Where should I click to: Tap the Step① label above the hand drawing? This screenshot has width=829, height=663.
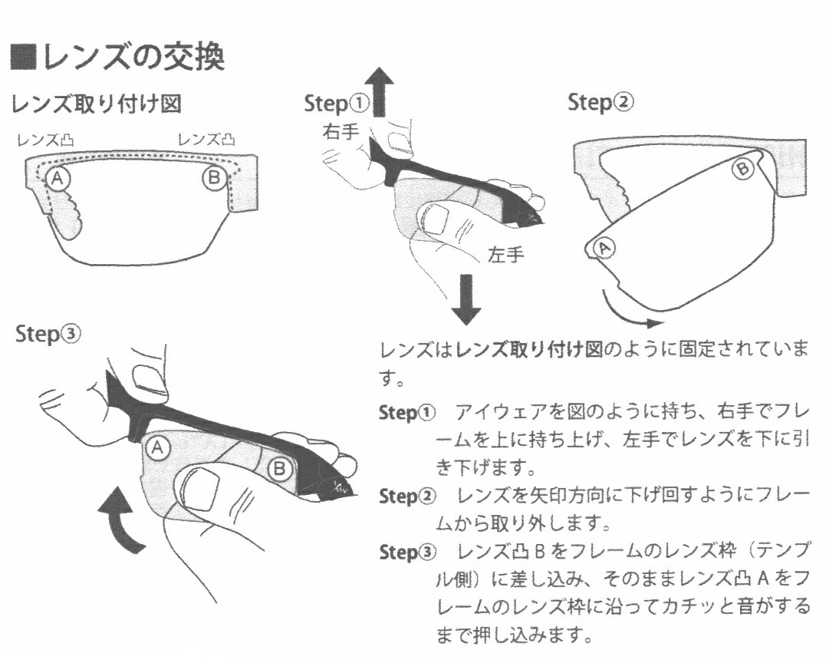tap(337, 104)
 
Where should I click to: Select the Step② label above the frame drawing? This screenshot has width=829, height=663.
tap(600, 103)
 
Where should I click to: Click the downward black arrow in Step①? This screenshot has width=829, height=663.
tap(465, 299)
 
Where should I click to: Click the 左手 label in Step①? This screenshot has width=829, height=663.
tap(506, 255)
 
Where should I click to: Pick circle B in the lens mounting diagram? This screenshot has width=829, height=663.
tap(214, 179)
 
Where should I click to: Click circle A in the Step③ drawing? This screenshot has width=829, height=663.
tap(158, 448)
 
